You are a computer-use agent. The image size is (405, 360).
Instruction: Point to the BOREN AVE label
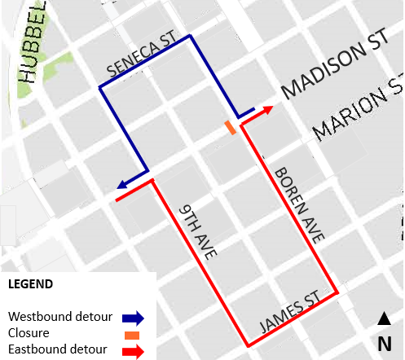coord(297,204)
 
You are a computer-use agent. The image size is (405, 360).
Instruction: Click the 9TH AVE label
coord(198,231)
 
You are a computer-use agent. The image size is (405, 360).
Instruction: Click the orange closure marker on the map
coord(231,128)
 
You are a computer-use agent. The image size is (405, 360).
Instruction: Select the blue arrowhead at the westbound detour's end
coord(121,186)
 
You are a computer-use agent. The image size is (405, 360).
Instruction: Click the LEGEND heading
coord(30,285)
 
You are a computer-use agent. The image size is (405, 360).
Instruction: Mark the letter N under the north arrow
coord(383,343)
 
